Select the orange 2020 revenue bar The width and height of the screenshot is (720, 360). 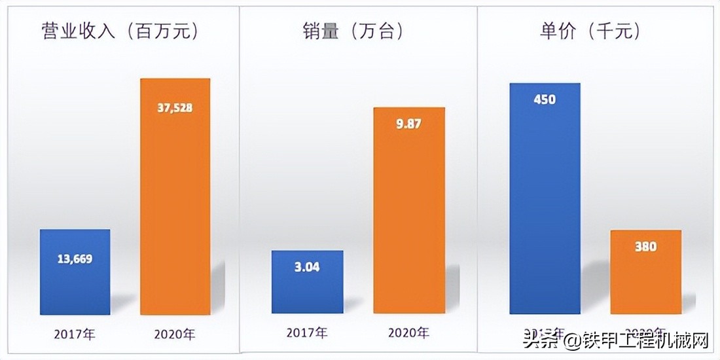point(175,196)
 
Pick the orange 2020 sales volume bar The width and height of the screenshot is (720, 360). point(409,209)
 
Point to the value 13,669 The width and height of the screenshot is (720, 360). point(75,259)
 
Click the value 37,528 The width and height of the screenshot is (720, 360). point(175,108)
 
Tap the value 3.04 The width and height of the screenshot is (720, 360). point(307,267)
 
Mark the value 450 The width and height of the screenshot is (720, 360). point(545,99)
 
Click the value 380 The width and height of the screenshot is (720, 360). point(645,247)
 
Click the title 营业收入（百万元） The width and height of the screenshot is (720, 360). point(120,31)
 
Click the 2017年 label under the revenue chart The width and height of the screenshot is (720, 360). point(75,334)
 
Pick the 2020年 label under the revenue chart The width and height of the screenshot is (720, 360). point(175,334)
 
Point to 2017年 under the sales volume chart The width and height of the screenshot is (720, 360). point(307,333)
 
